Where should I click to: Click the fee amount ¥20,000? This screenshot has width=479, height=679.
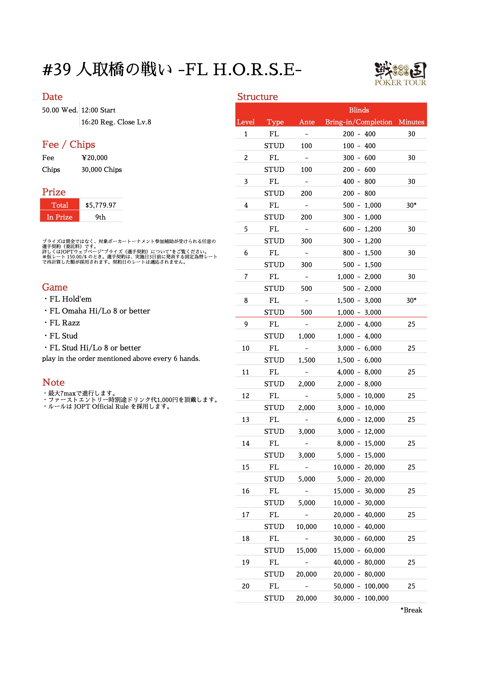click(95, 158)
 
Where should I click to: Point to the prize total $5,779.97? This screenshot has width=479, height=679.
click(100, 205)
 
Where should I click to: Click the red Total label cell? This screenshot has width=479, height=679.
click(60, 205)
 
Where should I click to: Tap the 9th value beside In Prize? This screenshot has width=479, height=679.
click(100, 217)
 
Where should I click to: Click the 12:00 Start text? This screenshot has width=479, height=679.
click(98, 110)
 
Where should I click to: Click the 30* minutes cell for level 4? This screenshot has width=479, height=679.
click(411, 205)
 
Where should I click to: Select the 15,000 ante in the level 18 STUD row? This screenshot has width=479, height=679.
click(306, 550)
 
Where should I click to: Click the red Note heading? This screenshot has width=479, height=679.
click(53, 382)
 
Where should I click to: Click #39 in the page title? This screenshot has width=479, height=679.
click(56, 70)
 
